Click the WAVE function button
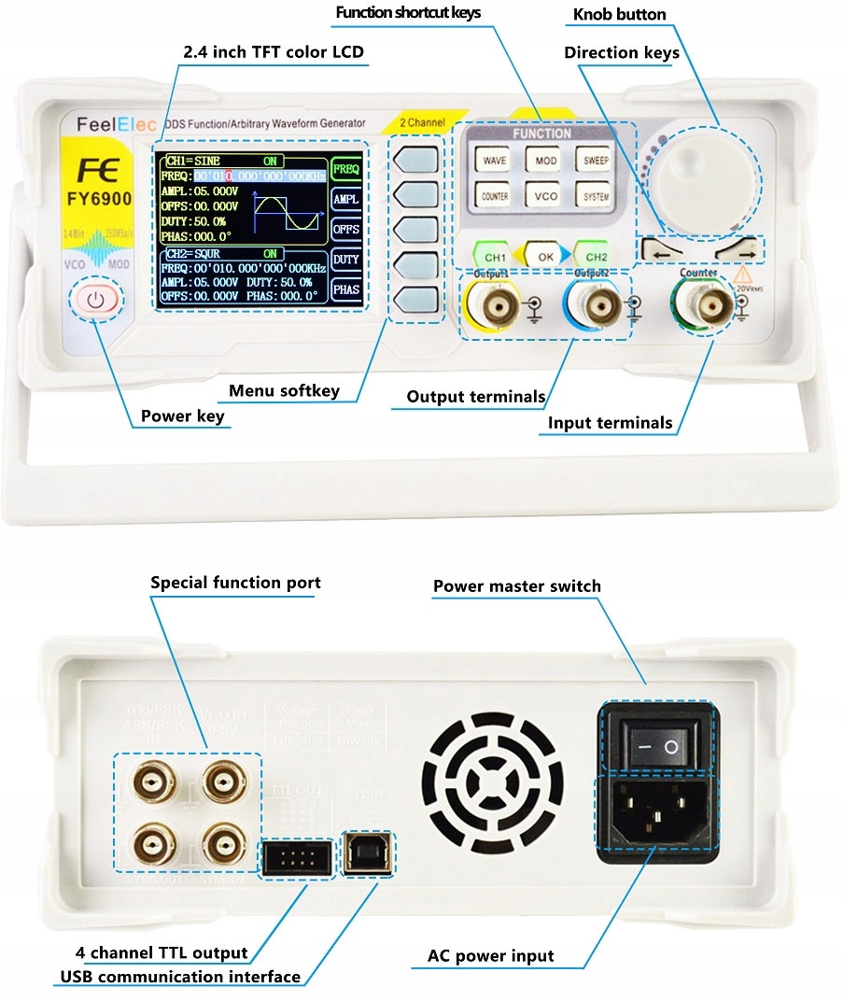[495, 161]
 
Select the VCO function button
[545, 197]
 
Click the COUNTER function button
[495, 197]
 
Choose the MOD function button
[545, 161]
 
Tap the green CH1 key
[495, 255]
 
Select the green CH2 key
[597, 255]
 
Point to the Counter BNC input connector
[699, 304]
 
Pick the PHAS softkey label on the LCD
[346, 289]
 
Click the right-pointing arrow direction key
[738, 251]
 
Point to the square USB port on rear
[369, 853]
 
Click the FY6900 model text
[98, 199]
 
